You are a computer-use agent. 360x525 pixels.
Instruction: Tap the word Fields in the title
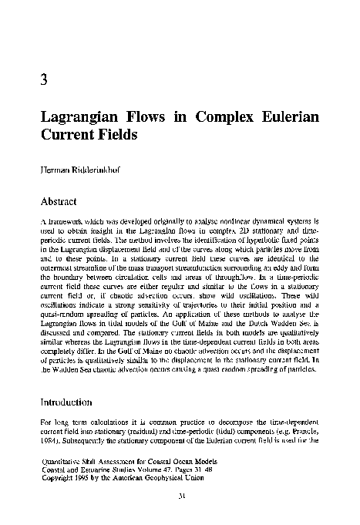114,136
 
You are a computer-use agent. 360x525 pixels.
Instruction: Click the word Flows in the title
147,119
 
